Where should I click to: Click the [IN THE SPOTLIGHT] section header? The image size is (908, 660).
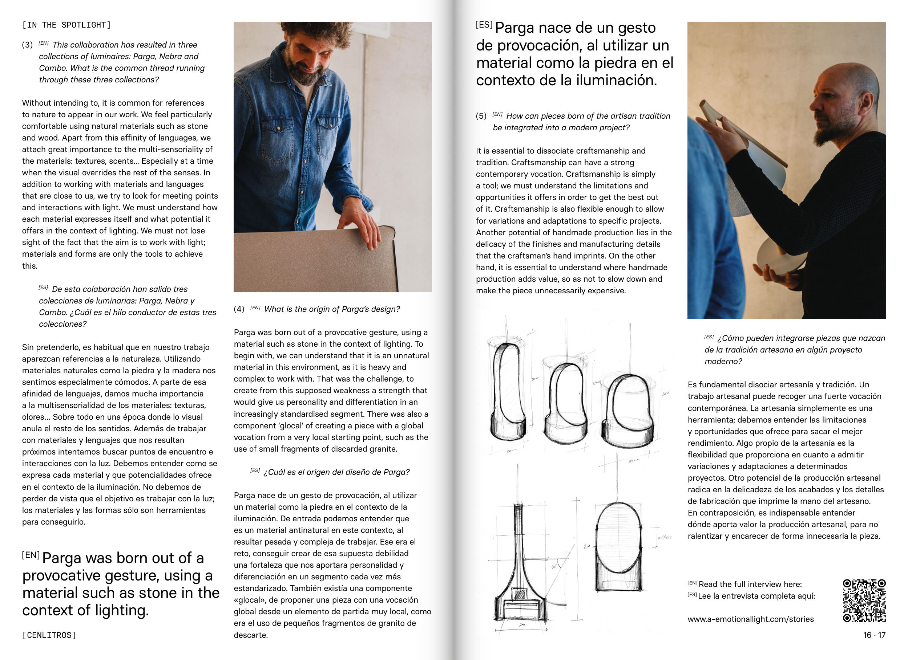(66, 25)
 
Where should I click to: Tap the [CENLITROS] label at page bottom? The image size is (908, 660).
(49, 635)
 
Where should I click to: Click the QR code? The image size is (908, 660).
(864, 600)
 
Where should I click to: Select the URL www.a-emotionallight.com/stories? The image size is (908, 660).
(751, 619)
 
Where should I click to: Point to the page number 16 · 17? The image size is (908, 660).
(874, 635)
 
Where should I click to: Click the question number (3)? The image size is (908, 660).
(27, 45)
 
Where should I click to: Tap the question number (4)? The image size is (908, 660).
(239, 309)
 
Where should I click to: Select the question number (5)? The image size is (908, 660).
(481, 116)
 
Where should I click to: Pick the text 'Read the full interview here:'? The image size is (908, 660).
(750, 584)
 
